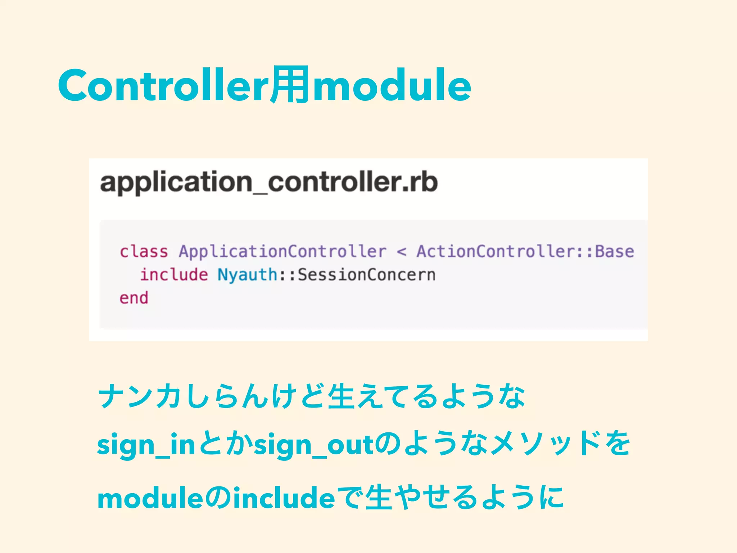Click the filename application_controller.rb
coord(269,182)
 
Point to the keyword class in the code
coord(144,251)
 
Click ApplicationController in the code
coord(282,251)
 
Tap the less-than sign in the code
coord(402,251)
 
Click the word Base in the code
coord(614,251)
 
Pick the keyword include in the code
coord(174,275)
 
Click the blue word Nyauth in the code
coord(247,275)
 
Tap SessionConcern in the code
coord(367,275)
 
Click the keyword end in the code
coord(134,298)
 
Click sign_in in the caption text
coord(146,445)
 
